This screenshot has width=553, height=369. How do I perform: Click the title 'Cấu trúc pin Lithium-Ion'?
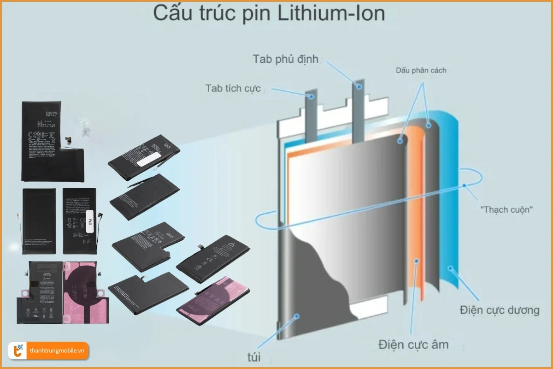click(269, 14)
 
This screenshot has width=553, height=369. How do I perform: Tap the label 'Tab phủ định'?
click(286, 59)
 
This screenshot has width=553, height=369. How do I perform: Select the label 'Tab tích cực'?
click(234, 88)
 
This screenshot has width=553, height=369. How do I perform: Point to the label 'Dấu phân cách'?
click(421, 71)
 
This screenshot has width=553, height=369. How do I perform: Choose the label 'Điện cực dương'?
click(499, 309)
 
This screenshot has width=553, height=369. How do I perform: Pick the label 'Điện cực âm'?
click(413, 344)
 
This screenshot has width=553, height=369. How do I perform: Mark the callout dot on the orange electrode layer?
click(417, 261)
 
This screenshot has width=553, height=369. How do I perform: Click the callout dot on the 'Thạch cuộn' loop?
click(465, 186)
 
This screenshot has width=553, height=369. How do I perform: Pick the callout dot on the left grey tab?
click(312, 97)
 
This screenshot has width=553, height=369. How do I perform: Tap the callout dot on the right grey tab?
click(358, 86)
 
